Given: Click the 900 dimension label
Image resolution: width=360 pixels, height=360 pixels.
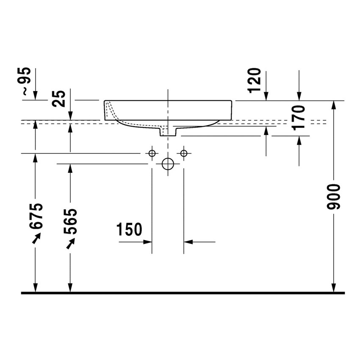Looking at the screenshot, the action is [x=333, y=197].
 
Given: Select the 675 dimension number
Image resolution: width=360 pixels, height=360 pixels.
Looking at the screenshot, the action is [x=36, y=216].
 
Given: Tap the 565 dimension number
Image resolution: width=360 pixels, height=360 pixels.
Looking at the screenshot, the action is [x=70, y=221].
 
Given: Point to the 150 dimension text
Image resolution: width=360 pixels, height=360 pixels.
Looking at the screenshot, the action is [x=129, y=229].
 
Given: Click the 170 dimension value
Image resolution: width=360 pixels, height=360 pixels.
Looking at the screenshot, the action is [x=299, y=118].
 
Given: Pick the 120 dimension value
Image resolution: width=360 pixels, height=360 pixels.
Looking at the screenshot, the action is [x=255, y=80].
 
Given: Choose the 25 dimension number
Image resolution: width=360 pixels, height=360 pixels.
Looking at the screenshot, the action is [x=58, y=99].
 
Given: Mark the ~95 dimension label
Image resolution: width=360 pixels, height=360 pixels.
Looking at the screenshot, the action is [x=24, y=81].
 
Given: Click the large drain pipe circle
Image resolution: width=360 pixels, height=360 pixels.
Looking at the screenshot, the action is [x=168, y=164].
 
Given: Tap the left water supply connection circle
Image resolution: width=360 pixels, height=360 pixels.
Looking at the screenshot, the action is [x=152, y=153].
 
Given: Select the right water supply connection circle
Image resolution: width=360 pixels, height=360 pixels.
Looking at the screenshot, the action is [x=184, y=153].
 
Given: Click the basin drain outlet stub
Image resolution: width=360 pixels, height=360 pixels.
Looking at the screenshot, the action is [x=168, y=132].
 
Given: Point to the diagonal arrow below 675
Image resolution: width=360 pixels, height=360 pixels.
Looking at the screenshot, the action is [x=36, y=238].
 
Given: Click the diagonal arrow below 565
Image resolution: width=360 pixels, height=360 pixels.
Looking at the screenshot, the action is [x=70, y=244].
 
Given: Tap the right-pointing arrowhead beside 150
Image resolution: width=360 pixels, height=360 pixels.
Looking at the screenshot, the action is [x=147, y=242].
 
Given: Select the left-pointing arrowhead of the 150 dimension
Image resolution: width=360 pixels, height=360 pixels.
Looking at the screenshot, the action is [x=188, y=242].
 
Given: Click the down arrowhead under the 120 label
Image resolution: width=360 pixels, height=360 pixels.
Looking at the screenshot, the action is [x=266, y=96].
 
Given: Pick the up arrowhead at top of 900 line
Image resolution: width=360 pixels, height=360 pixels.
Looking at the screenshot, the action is [x=333, y=105].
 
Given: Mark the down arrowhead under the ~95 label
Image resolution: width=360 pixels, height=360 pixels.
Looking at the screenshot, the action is [x=35, y=96].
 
